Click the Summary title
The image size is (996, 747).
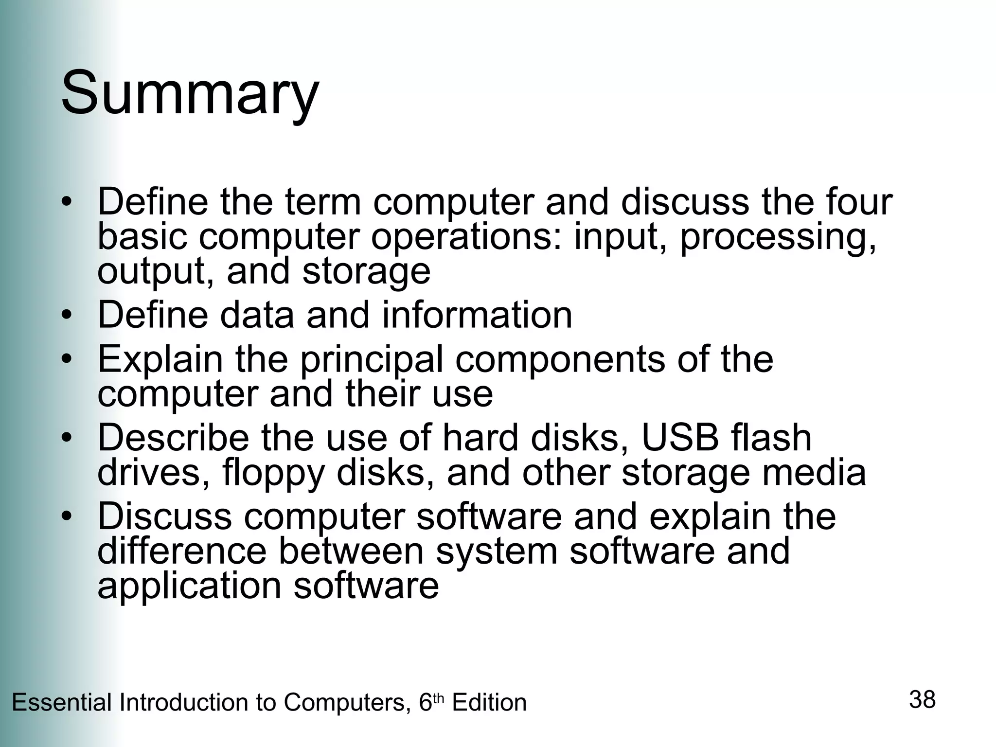(190, 92)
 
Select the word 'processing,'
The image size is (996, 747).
(778, 238)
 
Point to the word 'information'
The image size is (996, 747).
(477, 315)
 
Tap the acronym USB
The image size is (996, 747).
(680, 438)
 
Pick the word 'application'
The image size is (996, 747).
(189, 587)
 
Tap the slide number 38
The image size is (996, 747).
(922, 700)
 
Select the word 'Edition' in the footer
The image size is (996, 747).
(489, 703)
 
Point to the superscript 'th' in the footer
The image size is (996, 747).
(438, 698)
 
